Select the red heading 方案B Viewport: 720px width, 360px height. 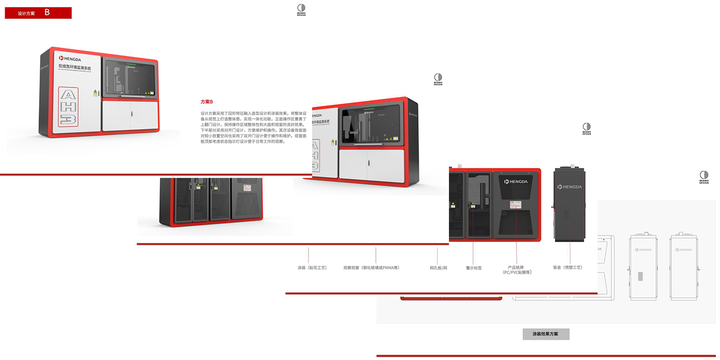(206, 102)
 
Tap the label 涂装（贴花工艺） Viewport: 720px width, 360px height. (312, 268)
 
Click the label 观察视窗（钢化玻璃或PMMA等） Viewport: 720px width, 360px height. (371, 268)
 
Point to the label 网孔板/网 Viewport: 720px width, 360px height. (438, 268)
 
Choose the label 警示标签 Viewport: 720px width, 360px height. (474, 268)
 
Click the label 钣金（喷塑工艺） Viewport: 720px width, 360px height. (567, 267)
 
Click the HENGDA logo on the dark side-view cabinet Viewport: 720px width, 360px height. (570, 187)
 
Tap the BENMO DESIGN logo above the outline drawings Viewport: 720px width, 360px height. (704, 177)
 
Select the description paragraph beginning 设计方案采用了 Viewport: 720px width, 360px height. (253, 127)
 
